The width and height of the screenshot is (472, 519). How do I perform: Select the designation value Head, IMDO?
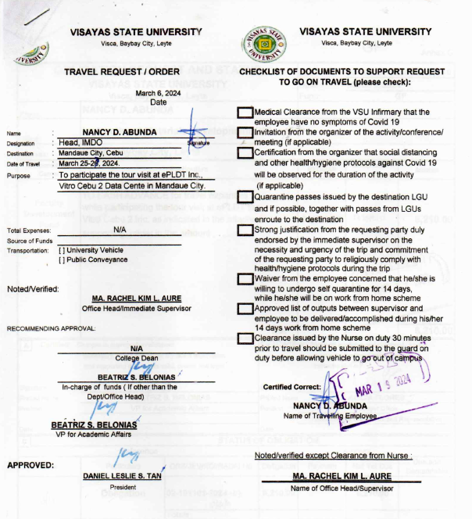(84, 142)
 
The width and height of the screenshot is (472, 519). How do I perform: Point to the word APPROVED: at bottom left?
(30, 466)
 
